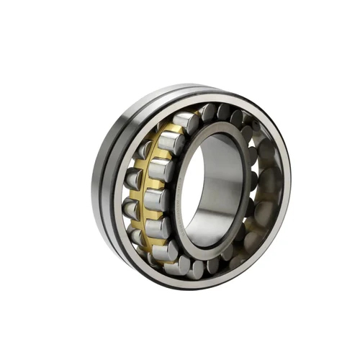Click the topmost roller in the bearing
point(209,112)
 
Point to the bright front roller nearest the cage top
point(186,122)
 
